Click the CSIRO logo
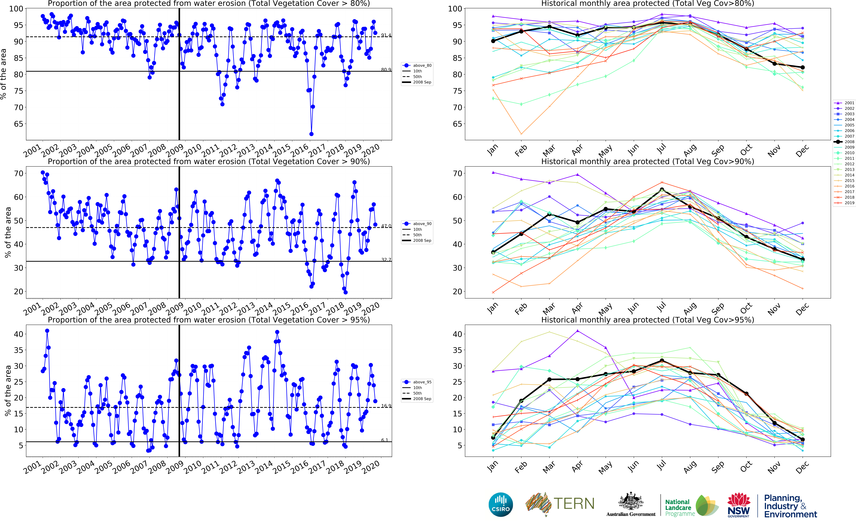pyautogui.click(x=501, y=504)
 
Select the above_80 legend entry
pyautogui.click(x=417, y=66)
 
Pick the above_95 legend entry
pyautogui.click(x=417, y=382)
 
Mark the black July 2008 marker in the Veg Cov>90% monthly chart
pyautogui.click(x=662, y=190)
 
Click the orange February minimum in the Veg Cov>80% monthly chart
pyautogui.click(x=521, y=134)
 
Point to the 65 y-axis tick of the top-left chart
pyautogui.click(x=18, y=124)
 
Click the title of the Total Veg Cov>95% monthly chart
pyautogui.click(x=648, y=320)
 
